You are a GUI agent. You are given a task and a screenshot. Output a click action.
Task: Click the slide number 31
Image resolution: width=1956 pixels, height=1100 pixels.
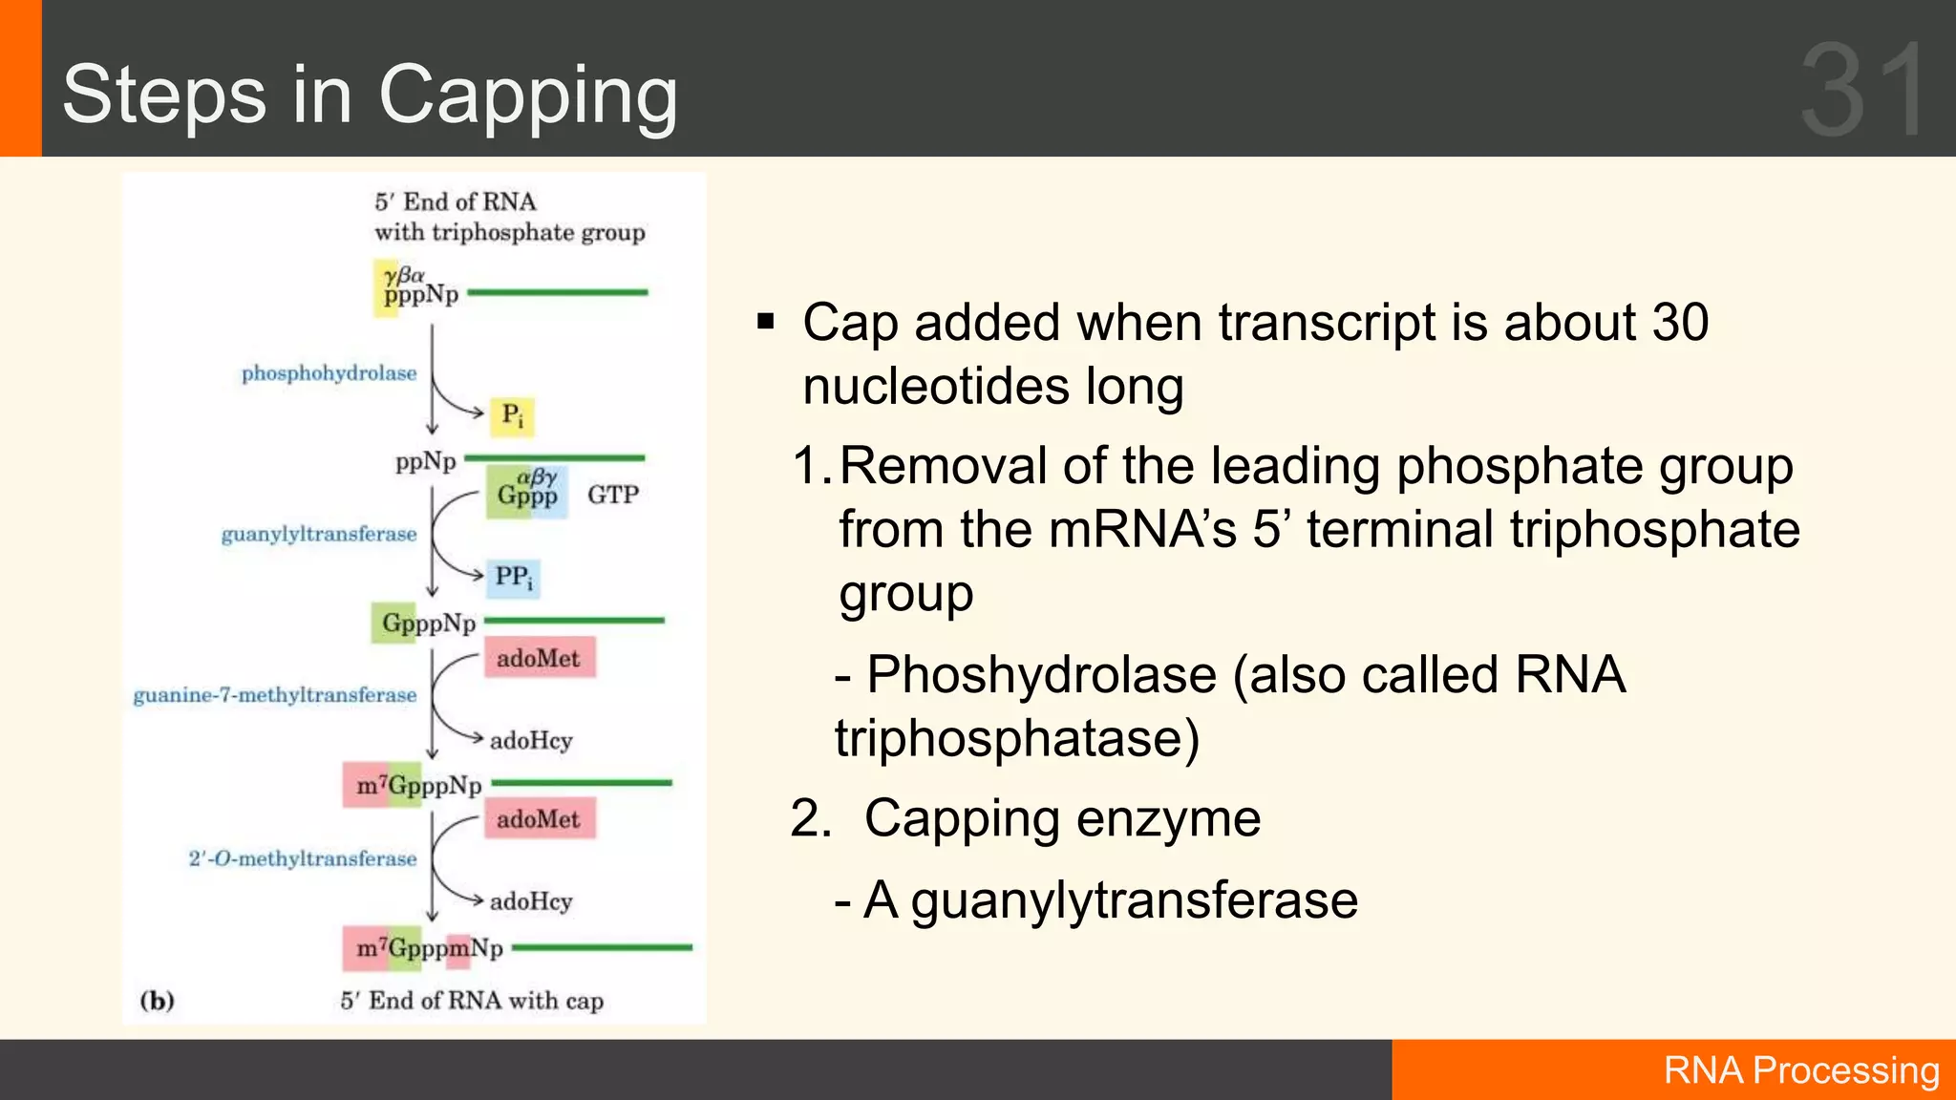coord(1862,91)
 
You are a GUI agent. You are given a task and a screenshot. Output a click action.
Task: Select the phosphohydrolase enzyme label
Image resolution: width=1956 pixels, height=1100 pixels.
coord(329,373)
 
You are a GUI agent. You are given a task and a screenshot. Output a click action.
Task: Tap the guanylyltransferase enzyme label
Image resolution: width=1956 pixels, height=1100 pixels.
coord(319,535)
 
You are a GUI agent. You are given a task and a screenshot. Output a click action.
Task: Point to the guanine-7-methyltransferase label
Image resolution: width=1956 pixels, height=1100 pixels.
coord(275,695)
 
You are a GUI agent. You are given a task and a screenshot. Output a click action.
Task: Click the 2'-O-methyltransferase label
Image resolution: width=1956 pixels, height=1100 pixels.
coord(302,858)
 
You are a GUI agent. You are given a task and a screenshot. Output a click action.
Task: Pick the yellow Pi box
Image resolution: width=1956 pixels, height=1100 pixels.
coord(512,415)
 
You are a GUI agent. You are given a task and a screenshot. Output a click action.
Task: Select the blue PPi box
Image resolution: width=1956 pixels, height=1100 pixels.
coord(513,578)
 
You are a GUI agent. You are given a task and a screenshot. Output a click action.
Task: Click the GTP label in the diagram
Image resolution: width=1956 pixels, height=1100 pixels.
coord(612,495)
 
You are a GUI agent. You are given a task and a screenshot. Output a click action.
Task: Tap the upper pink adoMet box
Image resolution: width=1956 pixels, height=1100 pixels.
coord(539,658)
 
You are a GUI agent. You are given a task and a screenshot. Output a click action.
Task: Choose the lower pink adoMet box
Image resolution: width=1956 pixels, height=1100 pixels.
coord(539,819)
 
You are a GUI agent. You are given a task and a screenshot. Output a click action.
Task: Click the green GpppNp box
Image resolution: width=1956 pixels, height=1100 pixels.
coord(428,624)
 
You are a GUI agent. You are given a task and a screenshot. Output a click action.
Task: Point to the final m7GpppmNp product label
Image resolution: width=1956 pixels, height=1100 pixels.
coord(429,948)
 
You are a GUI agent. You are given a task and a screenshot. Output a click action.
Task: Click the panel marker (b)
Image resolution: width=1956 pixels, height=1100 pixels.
coord(158,1001)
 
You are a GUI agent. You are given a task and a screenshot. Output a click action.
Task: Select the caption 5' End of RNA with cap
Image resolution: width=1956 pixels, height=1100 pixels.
coord(472,1001)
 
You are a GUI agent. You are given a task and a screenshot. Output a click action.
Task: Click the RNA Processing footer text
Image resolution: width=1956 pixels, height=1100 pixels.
coord(1800,1070)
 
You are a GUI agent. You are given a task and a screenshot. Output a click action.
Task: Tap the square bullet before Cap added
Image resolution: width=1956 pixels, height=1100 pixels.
coord(765,322)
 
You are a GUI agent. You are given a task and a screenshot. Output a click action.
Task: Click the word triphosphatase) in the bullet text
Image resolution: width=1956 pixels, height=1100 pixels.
coord(1016,738)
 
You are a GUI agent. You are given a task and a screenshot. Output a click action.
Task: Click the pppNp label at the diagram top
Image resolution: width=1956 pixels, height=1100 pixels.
coord(420,294)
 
